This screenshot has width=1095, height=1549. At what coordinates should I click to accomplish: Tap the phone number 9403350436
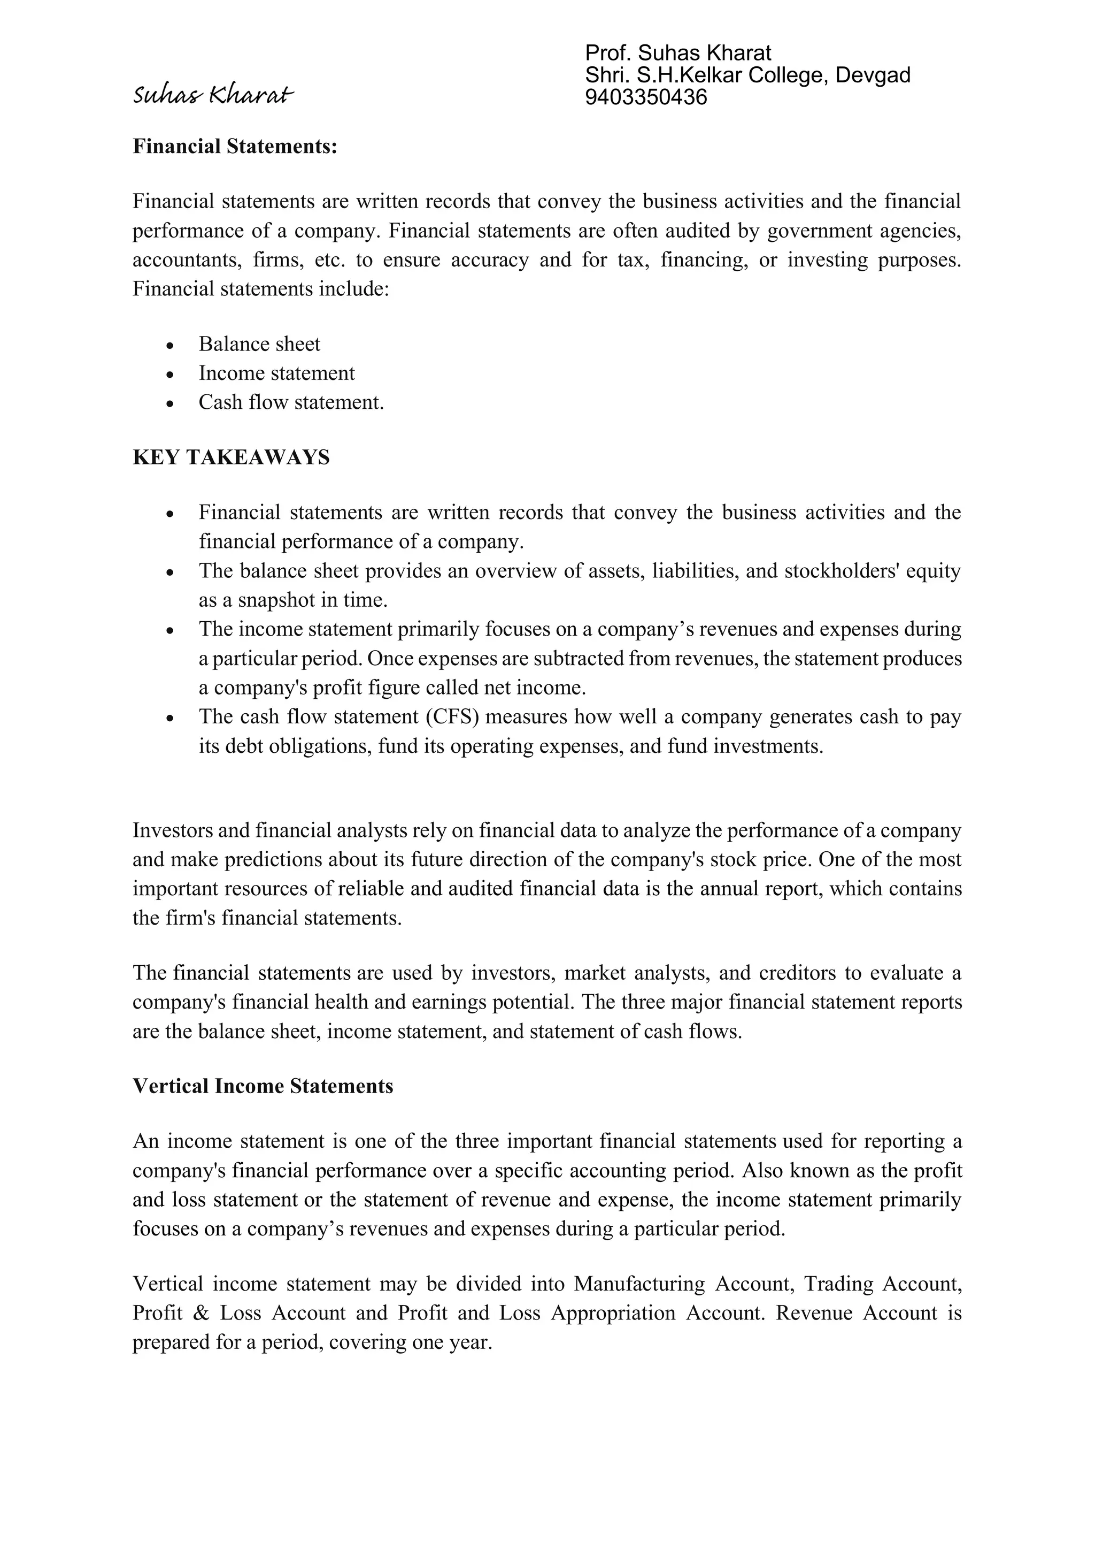click(646, 98)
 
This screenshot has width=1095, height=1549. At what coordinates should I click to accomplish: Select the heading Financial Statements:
click(235, 147)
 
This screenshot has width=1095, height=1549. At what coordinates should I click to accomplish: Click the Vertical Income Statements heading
click(263, 1086)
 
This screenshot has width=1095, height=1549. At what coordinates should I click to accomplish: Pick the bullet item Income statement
click(276, 373)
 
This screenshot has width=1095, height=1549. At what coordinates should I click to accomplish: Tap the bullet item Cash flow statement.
click(291, 402)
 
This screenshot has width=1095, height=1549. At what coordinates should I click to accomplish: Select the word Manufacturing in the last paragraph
click(639, 1284)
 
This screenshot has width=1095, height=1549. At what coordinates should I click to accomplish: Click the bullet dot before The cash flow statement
click(171, 719)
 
